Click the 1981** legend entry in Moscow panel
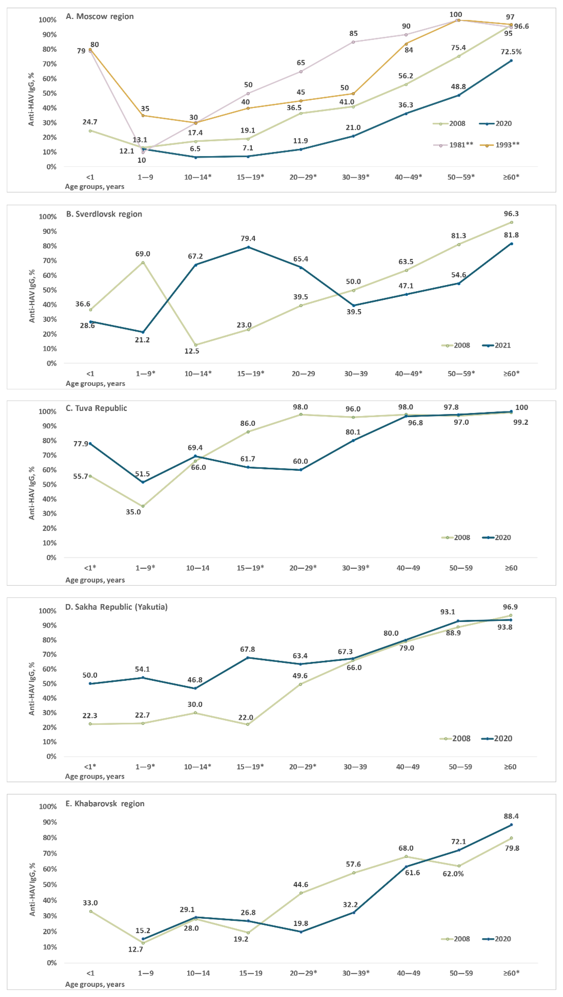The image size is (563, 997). click(x=453, y=145)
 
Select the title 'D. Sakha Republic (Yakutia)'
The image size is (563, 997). click(x=116, y=607)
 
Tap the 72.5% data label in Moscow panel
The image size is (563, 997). click(x=511, y=51)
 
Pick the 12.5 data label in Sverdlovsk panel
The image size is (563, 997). click(x=192, y=351)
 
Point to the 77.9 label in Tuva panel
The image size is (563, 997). click(x=81, y=444)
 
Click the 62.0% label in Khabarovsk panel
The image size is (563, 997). click(x=453, y=874)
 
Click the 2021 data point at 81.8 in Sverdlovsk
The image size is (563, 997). click(x=511, y=244)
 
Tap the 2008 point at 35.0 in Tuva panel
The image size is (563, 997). click(x=143, y=506)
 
